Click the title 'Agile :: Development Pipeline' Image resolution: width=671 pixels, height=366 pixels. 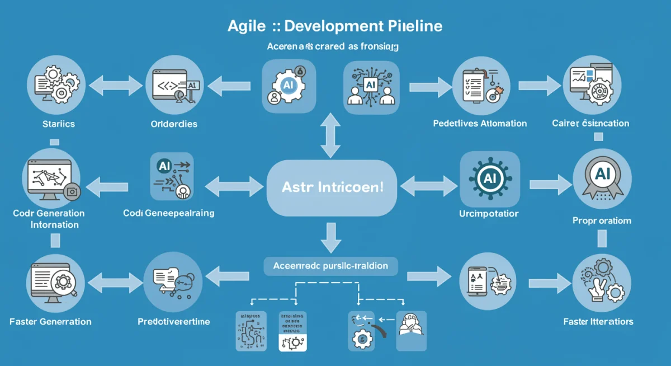(x=335, y=26)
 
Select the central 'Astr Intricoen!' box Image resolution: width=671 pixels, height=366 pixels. (x=325, y=187)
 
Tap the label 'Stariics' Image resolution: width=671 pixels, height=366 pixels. (x=58, y=124)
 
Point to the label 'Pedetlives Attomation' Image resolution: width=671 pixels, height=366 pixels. (x=480, y=123)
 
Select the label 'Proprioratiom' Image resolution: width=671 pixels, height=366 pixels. (x=602, y=220)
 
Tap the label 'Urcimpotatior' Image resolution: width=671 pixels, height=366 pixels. (x=488, y=214)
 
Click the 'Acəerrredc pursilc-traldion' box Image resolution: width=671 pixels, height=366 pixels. (x=330, y=266)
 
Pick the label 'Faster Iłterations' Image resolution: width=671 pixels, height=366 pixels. (x=598, y=321)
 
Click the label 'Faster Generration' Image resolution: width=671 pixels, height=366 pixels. (x=50, y=321)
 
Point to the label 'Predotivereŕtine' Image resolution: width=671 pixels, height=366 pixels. (x=174, y=321)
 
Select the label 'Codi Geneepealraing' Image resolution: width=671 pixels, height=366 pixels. (x=168, y=213)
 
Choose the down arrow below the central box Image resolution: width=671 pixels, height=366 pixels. (x=330, y=237)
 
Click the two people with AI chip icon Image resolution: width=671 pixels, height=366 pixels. (x=371, y=87)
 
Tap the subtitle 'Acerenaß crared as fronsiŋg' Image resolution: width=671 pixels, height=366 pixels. (x=332, y=48)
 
